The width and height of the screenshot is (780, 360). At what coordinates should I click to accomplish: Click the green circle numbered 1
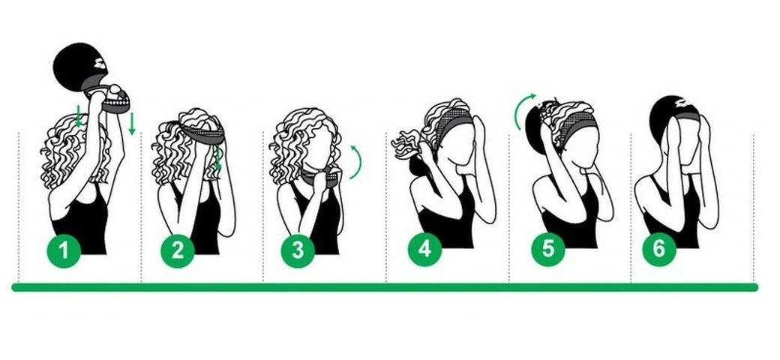[64, 250]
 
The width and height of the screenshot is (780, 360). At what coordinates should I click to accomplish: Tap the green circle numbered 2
[178, 250]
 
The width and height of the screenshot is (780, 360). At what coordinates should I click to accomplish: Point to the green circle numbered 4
[424, 248]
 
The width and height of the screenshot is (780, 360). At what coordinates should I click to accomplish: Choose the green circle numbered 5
[547, 248]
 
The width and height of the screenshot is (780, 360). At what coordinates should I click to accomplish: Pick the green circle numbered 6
[658, 248]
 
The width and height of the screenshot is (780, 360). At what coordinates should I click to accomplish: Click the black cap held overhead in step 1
[79, 67]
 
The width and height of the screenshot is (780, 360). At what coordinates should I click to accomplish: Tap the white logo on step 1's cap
[100, 64]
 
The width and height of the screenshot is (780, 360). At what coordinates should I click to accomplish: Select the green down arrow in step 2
[217, 158]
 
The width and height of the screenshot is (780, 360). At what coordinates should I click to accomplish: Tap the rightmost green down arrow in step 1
[132, 124]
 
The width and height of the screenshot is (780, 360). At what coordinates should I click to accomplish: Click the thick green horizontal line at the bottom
[385, 287]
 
